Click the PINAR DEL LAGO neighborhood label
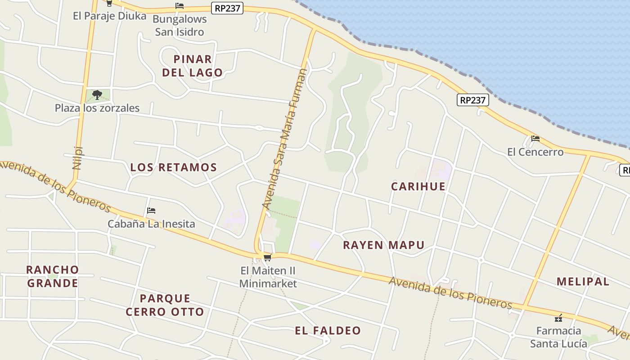[x=193, y=66]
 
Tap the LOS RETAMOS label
[x=173, y=167]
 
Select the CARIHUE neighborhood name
[x=418, y=186]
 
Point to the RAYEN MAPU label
[x=383, y=245]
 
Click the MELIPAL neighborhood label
[x=583, y=282]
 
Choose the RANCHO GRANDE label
[x=52, y=276]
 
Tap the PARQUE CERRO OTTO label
[x=165, y=305]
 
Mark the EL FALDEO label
[x=328, y=331]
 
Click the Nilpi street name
[x=78, y=157]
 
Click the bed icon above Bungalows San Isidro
[x=180, y=6]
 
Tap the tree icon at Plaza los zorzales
[x=97, y=94]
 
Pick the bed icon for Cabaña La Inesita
[x=151, y=210]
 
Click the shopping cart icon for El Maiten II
[x=267, y=258]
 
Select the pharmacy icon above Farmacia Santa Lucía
[x=558, y=318]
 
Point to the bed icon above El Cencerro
[x=535, y=138]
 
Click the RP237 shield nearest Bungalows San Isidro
[x=227, y=8]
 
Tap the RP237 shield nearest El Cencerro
[x=472, y=100]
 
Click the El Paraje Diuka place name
[x=110, y=16]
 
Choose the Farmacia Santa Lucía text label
[x=558, y=337]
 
